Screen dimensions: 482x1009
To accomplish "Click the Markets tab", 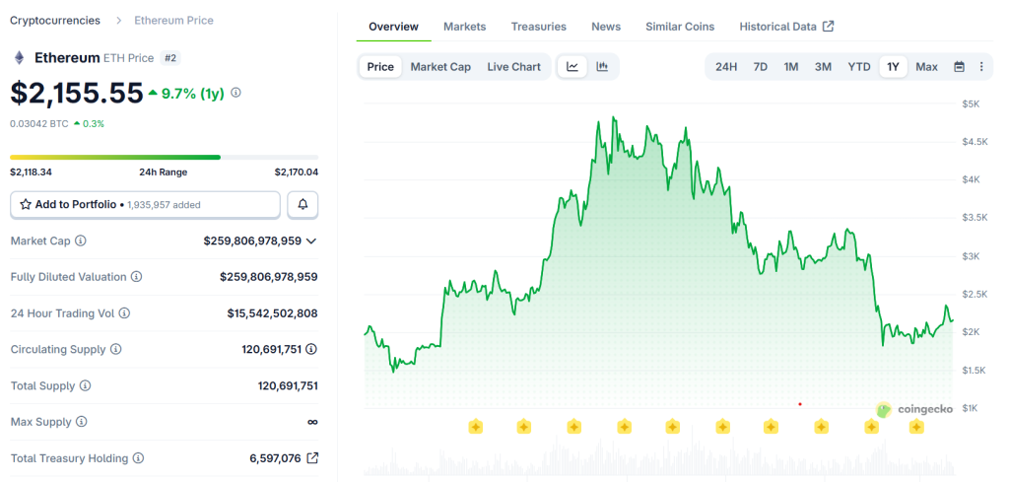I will click(x=464, y=27).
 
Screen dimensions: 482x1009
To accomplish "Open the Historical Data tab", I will click(x=786, y=27).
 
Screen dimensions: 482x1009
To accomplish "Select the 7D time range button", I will click(x=760, y=67).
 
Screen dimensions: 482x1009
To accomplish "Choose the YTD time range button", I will click(x=859, y=67).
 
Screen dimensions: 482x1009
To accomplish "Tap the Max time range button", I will click(x=926, y=67).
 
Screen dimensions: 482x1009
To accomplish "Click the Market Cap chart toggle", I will click(x=440, y=67).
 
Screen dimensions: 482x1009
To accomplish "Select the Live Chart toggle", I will click(x=513, y=67).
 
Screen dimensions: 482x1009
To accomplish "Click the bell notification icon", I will click(x=303, y=204).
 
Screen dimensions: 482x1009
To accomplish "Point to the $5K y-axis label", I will click(x=971, y=103).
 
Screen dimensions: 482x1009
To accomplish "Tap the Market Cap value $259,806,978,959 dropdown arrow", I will click(x=311, y=241).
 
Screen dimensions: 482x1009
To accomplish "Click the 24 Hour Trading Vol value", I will click(x=272, y=313).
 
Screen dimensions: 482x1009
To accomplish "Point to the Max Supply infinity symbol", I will click(x=312, y=422).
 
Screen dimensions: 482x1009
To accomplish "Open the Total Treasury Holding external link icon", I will click(x=312, y=458).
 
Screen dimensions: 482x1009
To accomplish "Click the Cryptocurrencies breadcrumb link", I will click(x=55, y=20).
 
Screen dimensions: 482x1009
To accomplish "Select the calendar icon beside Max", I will click(x=959, y=67).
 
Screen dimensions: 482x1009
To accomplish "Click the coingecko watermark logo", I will click(x=914, y=409).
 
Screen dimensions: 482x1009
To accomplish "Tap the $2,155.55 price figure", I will click(x=77, y=93).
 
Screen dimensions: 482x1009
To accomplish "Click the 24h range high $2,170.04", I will click(x=296, y=172).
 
